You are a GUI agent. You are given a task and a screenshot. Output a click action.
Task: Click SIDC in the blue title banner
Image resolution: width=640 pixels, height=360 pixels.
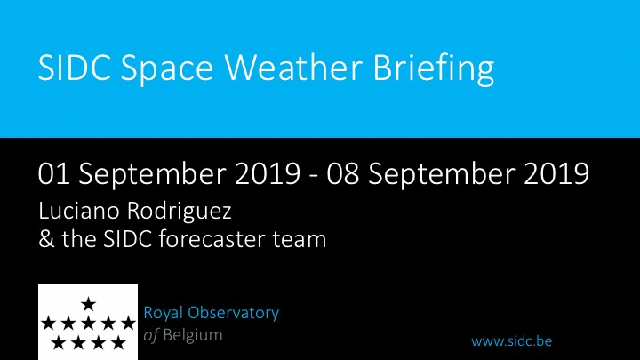[75, 68]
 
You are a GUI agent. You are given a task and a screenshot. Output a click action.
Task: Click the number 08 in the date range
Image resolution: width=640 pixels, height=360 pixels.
[342, 174]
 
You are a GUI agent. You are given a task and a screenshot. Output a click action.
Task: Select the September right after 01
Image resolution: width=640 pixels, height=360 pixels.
[152, 175]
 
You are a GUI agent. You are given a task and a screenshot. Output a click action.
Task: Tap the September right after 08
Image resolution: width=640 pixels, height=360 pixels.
[441, 175]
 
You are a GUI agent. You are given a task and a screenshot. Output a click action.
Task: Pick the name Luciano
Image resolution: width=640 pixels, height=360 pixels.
[79, 211]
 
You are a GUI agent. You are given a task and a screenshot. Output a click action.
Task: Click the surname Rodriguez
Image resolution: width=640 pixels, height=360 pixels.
[180, 212]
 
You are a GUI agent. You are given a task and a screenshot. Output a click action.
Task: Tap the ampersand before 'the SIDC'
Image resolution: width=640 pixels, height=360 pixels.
[46, 239]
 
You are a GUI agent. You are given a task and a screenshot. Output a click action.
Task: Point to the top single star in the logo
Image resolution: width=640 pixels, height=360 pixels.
[88, 304]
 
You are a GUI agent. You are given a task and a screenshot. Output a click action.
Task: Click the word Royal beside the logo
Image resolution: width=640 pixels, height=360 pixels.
[162, 314]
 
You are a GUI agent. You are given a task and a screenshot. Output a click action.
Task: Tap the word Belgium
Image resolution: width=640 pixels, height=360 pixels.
[193, 336]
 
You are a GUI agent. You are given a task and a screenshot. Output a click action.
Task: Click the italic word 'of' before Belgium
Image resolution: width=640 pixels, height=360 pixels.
[151, 336]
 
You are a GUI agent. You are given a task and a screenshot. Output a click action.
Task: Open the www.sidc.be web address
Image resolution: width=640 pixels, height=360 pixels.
[511, 340]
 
